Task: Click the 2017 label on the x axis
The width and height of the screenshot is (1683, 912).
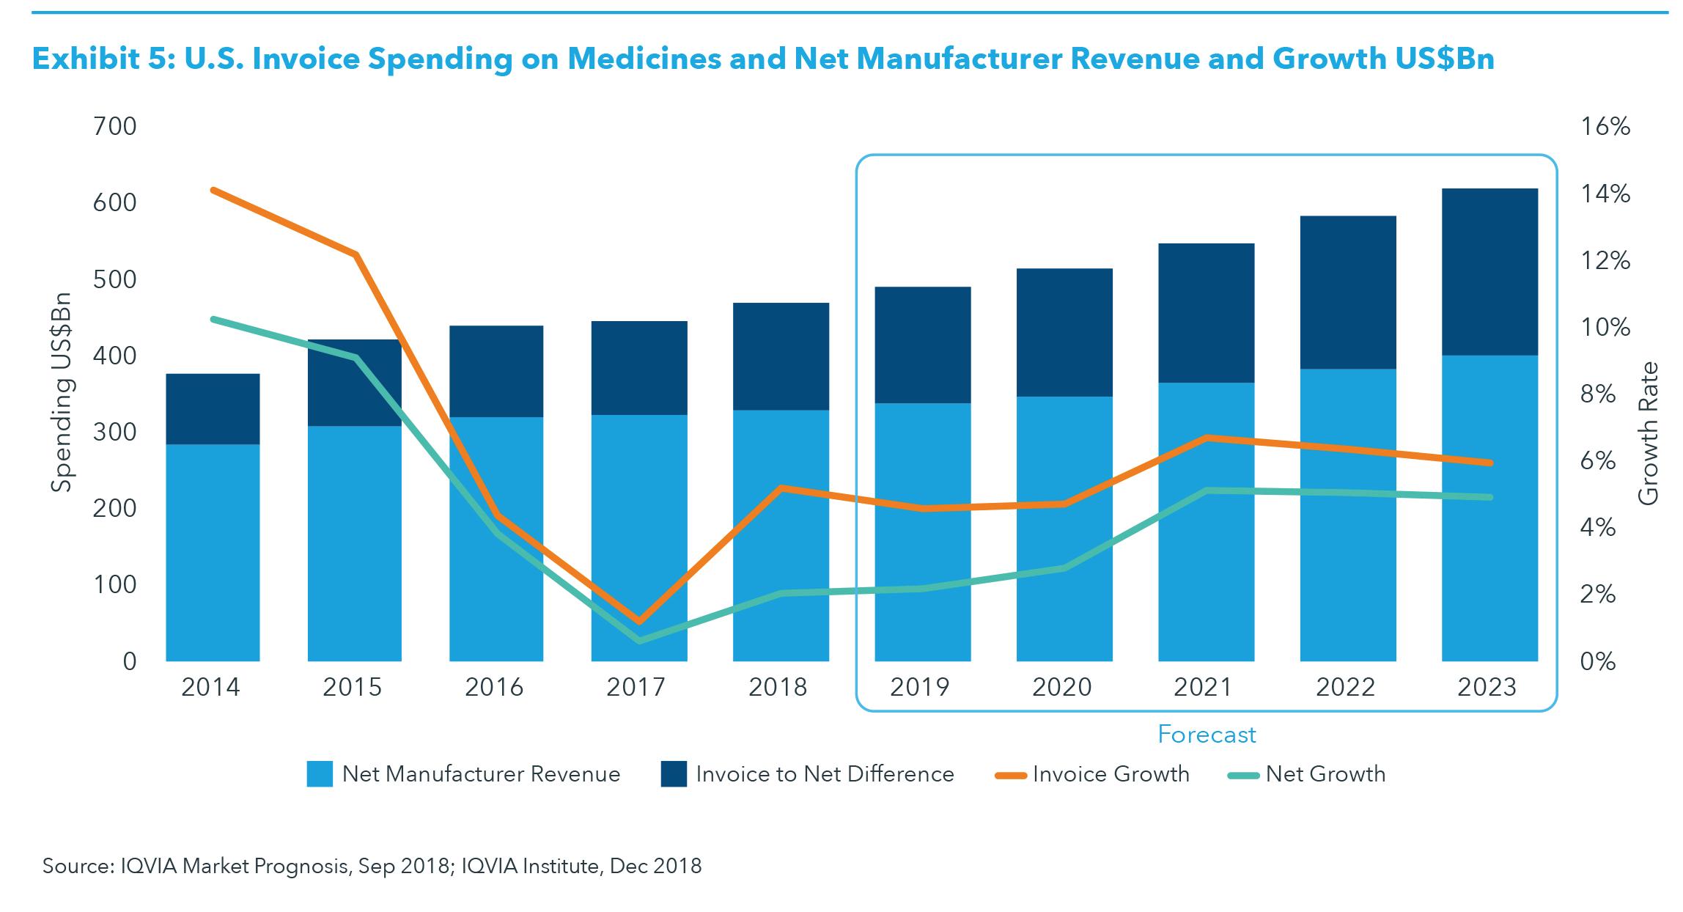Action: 636,687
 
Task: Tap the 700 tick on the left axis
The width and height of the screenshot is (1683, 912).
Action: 115,127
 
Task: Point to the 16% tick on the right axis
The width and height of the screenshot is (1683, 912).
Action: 1605,127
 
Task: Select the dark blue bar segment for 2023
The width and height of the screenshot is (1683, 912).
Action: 1489,271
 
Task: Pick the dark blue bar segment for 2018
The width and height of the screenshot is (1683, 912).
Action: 781,356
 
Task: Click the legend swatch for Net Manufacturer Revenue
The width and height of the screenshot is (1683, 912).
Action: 320,774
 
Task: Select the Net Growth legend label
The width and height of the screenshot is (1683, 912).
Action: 1325,774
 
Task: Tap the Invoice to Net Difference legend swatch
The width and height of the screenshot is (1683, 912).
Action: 674,774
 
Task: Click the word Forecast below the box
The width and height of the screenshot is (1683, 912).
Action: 1207,735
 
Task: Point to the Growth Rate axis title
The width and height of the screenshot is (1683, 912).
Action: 1648,433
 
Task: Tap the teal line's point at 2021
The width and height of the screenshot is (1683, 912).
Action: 1207,490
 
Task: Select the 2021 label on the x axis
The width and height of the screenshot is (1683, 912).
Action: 1203,687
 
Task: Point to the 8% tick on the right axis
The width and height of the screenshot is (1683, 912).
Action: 1597,394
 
